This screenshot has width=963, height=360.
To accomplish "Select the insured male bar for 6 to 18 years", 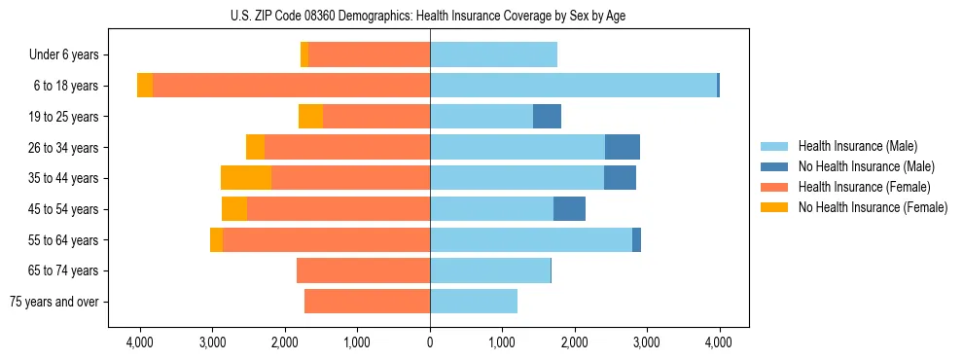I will click(573, 86).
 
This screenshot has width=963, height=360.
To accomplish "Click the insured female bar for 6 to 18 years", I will click(291, 86).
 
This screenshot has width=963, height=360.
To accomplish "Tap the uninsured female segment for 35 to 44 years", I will click(246, 178).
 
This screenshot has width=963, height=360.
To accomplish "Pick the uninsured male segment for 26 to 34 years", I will click(622, 147).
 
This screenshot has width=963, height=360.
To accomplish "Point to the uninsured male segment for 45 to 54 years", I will click(569, 209).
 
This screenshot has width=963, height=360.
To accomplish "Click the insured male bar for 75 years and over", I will click(473, 302).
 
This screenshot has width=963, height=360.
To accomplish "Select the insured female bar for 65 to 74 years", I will click(363, 270).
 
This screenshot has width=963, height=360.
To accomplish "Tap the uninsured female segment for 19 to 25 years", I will click(310, 117).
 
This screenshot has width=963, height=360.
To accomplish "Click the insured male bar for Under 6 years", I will click(493, 54).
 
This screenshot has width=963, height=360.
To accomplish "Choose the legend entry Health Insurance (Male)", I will click(857, 146).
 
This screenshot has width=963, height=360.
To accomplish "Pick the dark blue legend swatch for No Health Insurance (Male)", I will click(774, 166).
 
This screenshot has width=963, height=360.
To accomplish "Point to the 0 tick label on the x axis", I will click(430, 342).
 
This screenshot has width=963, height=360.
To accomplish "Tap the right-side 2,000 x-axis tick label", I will click(574, 342).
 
